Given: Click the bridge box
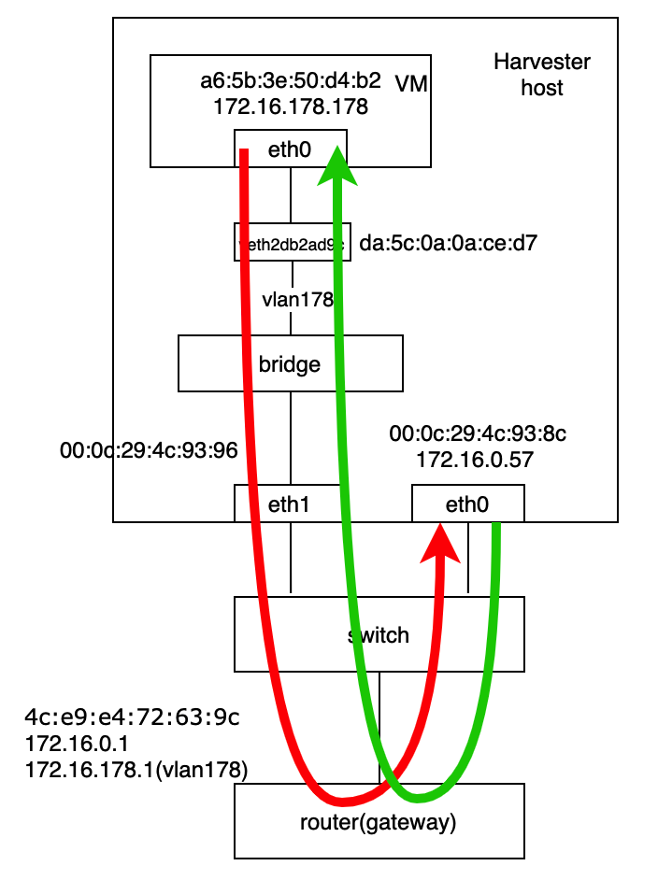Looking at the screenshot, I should click(290, 363).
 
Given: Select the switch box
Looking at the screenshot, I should click(379, 635).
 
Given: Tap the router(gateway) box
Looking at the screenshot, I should click(379, 822).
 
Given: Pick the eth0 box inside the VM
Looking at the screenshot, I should click(290, 149).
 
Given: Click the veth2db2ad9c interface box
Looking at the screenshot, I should click(293, 242).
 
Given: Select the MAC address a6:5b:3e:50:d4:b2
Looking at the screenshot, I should click(291, 81).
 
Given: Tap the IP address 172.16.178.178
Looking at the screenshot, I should click(291, 106).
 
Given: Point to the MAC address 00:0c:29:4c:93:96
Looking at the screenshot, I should click(148, 450).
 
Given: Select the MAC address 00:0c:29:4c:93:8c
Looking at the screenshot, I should click(479, 433).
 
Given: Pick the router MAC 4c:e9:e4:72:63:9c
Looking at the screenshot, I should click(132, 717).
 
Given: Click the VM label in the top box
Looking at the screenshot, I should click(411, 84).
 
